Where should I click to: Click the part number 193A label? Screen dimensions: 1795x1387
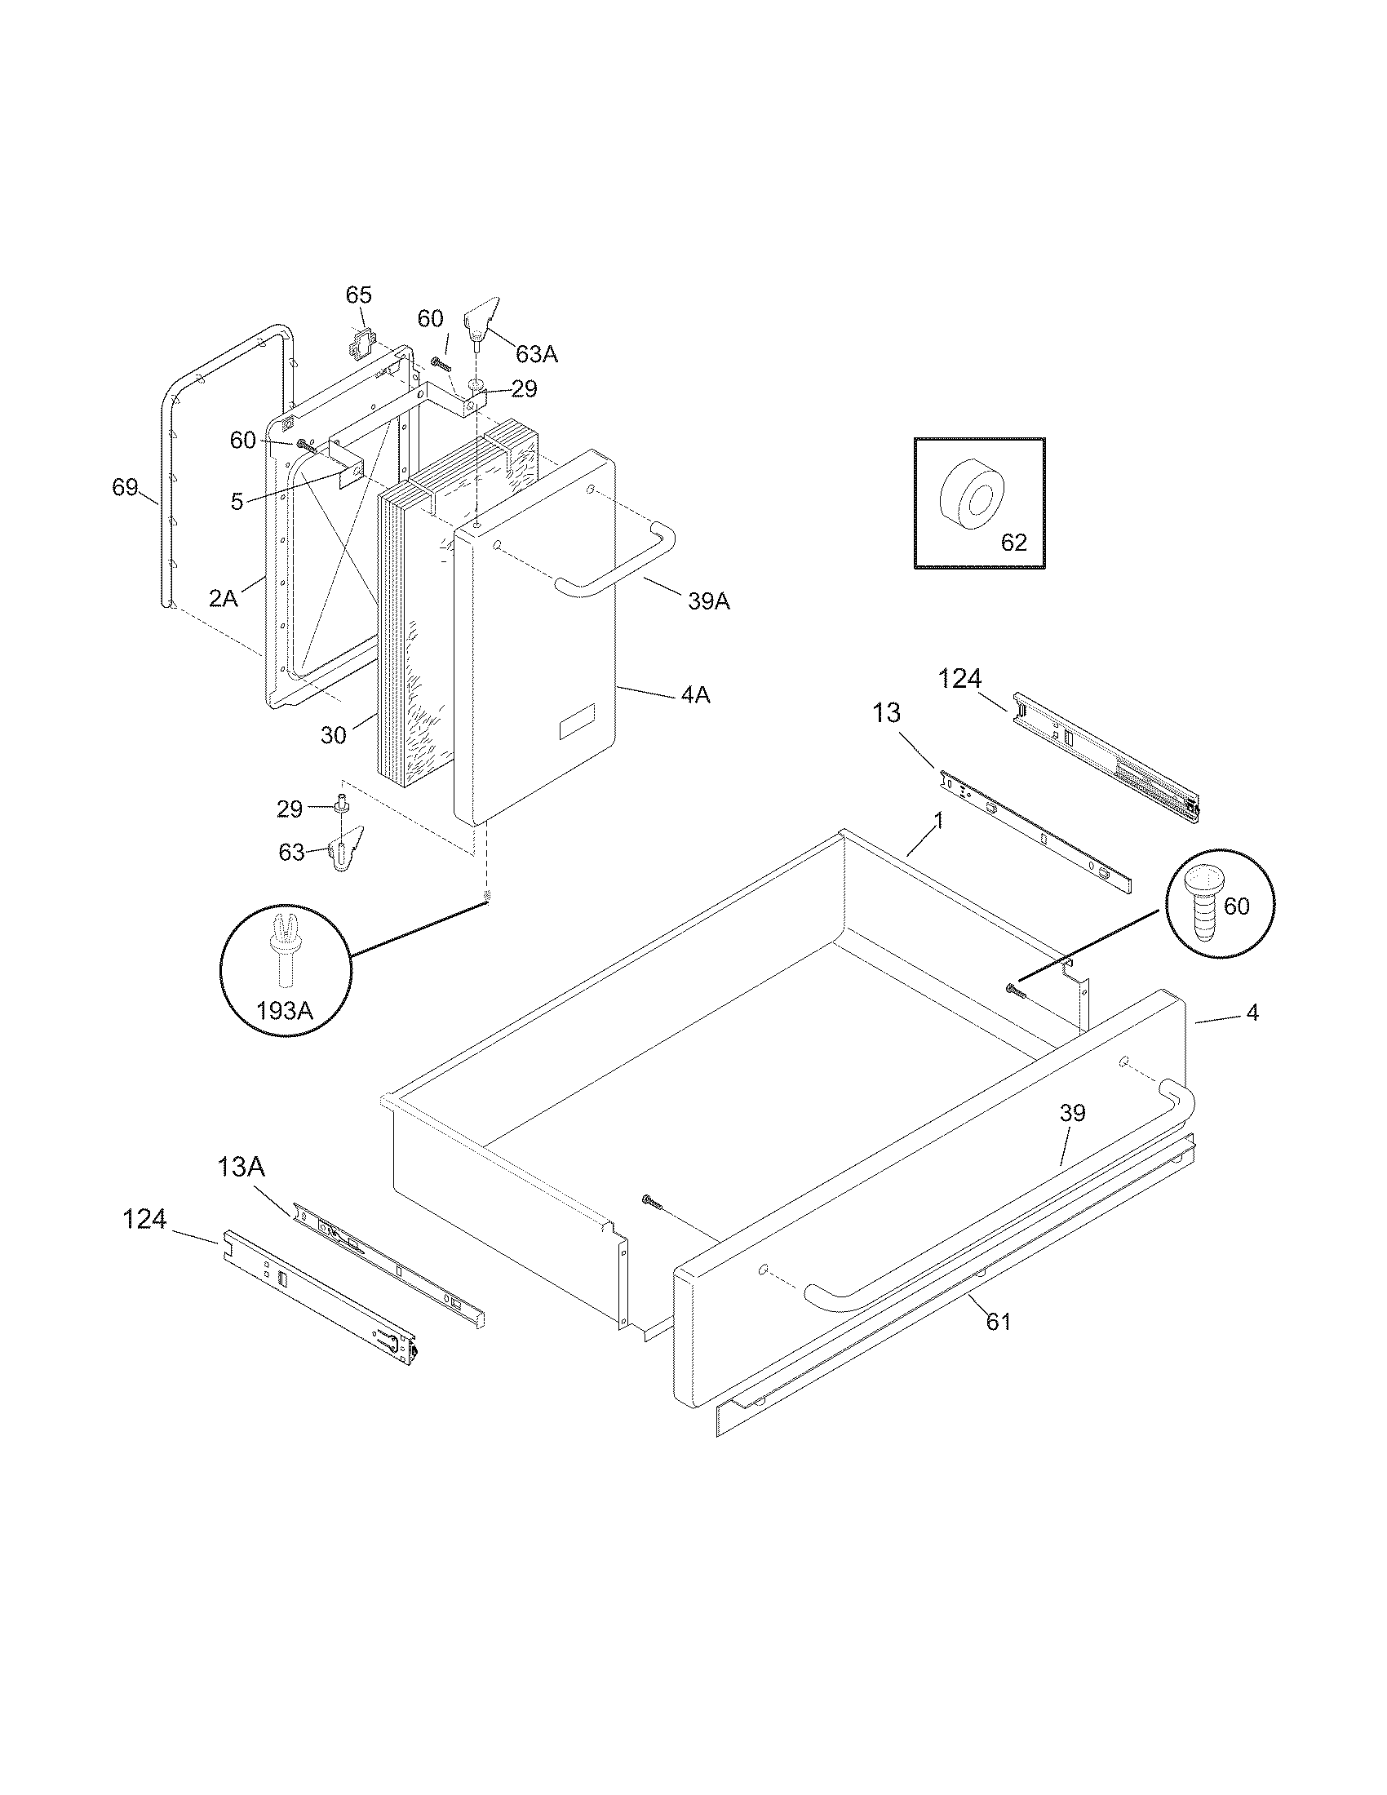coord(284,1010)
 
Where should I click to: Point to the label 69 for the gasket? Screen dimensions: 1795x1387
coord(125,487)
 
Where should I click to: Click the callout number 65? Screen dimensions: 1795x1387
coord(358,295)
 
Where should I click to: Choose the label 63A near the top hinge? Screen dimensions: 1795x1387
coord(537,354)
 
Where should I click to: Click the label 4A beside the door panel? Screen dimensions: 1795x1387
coord(695,695)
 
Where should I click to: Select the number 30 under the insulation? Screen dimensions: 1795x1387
coord(333,735)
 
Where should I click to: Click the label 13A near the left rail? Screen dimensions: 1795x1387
coord(241,1166)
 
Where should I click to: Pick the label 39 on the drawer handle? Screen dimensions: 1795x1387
coord(1072,1113)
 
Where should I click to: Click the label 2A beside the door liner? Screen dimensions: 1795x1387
coord(223,598)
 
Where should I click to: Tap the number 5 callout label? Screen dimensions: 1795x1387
coord(237,502)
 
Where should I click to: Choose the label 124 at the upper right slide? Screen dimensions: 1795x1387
coord(959,679)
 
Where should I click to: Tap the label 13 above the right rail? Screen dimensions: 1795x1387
coord(887,712)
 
